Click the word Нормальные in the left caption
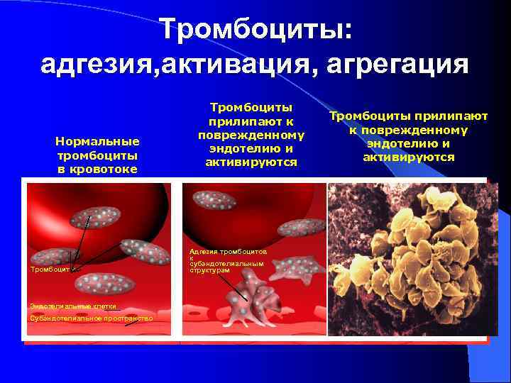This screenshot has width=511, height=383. (97, 141)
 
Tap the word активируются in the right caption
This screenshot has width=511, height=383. (408, 157)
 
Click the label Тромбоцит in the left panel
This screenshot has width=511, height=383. (49, 270)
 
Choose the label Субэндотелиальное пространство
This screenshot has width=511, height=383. (91, 318)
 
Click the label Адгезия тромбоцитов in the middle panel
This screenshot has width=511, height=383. (227, 252)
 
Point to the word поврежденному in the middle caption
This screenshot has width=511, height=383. (251, 135)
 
